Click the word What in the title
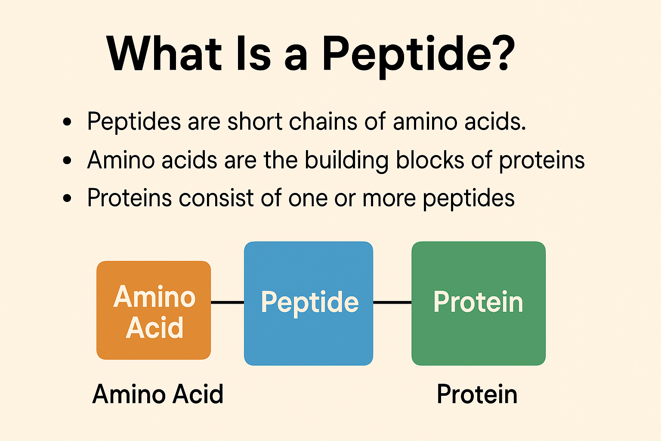[x=164, y=53]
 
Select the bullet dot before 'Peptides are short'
[x=67, y=122]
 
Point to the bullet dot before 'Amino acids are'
[x=67, y=160]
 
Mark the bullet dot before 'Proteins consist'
[x=67, y=198]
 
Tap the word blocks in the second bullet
[x=430, y=160]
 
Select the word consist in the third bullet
[x=216, y=198]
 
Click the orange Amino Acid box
[x=154, y=310]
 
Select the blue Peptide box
[x=309, y=303]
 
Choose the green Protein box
[x=479, y=303]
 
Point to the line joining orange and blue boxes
[x=228, y=302]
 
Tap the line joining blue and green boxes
[x=392, y=302]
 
